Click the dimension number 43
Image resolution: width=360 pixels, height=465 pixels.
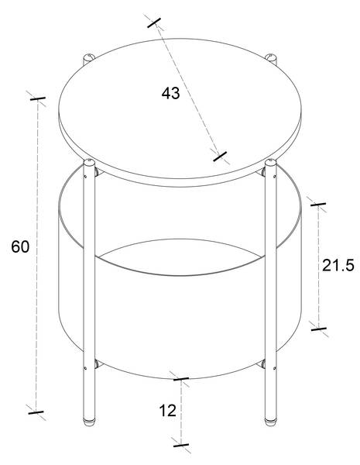tap(170, 93)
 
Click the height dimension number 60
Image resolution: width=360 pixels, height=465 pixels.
tap(20, 246)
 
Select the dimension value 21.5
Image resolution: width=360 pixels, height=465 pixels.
tap(338, 265)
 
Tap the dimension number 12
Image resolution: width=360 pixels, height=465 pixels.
tap(168, 411)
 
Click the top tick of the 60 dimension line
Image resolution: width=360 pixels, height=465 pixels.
tap(38, 98)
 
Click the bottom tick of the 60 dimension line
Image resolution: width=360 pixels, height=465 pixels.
tap(36, 412)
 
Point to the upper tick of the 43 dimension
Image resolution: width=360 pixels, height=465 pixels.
tap(154, 22)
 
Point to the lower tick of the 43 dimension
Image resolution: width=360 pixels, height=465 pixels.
tap(220, 157)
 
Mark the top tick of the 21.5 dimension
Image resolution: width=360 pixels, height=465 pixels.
tap(318, 205)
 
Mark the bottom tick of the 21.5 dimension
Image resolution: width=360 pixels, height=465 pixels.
tap(319, 329)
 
